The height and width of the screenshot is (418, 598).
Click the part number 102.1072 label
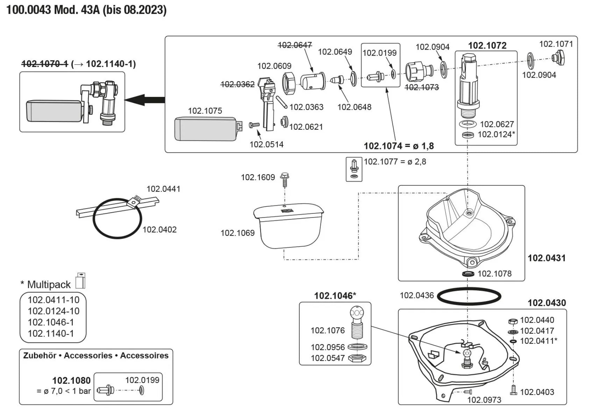(487, 45)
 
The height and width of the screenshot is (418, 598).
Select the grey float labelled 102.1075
(206, 129)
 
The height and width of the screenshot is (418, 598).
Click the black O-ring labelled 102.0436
(469, 297)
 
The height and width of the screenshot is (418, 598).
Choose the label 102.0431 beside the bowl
(546, 258)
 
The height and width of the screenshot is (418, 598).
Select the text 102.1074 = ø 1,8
(399, 146)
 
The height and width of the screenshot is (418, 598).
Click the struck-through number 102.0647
(295, 45)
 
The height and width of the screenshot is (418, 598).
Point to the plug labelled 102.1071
(558, 58)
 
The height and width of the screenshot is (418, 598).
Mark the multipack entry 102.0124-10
(54, 311)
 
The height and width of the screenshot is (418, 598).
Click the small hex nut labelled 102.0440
(512, 321)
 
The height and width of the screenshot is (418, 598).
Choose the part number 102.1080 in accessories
(71, 381)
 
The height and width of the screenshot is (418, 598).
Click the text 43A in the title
(90, 10)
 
